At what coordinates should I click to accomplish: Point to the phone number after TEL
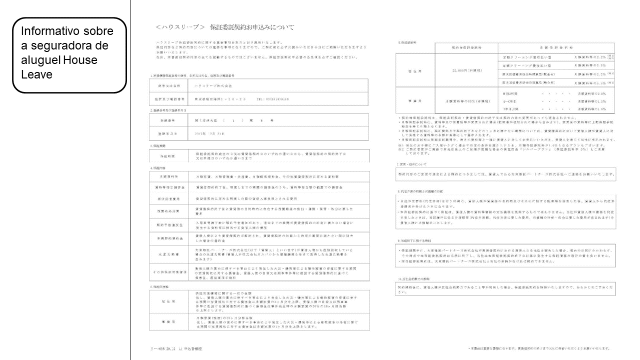click(x=273, y=99)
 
